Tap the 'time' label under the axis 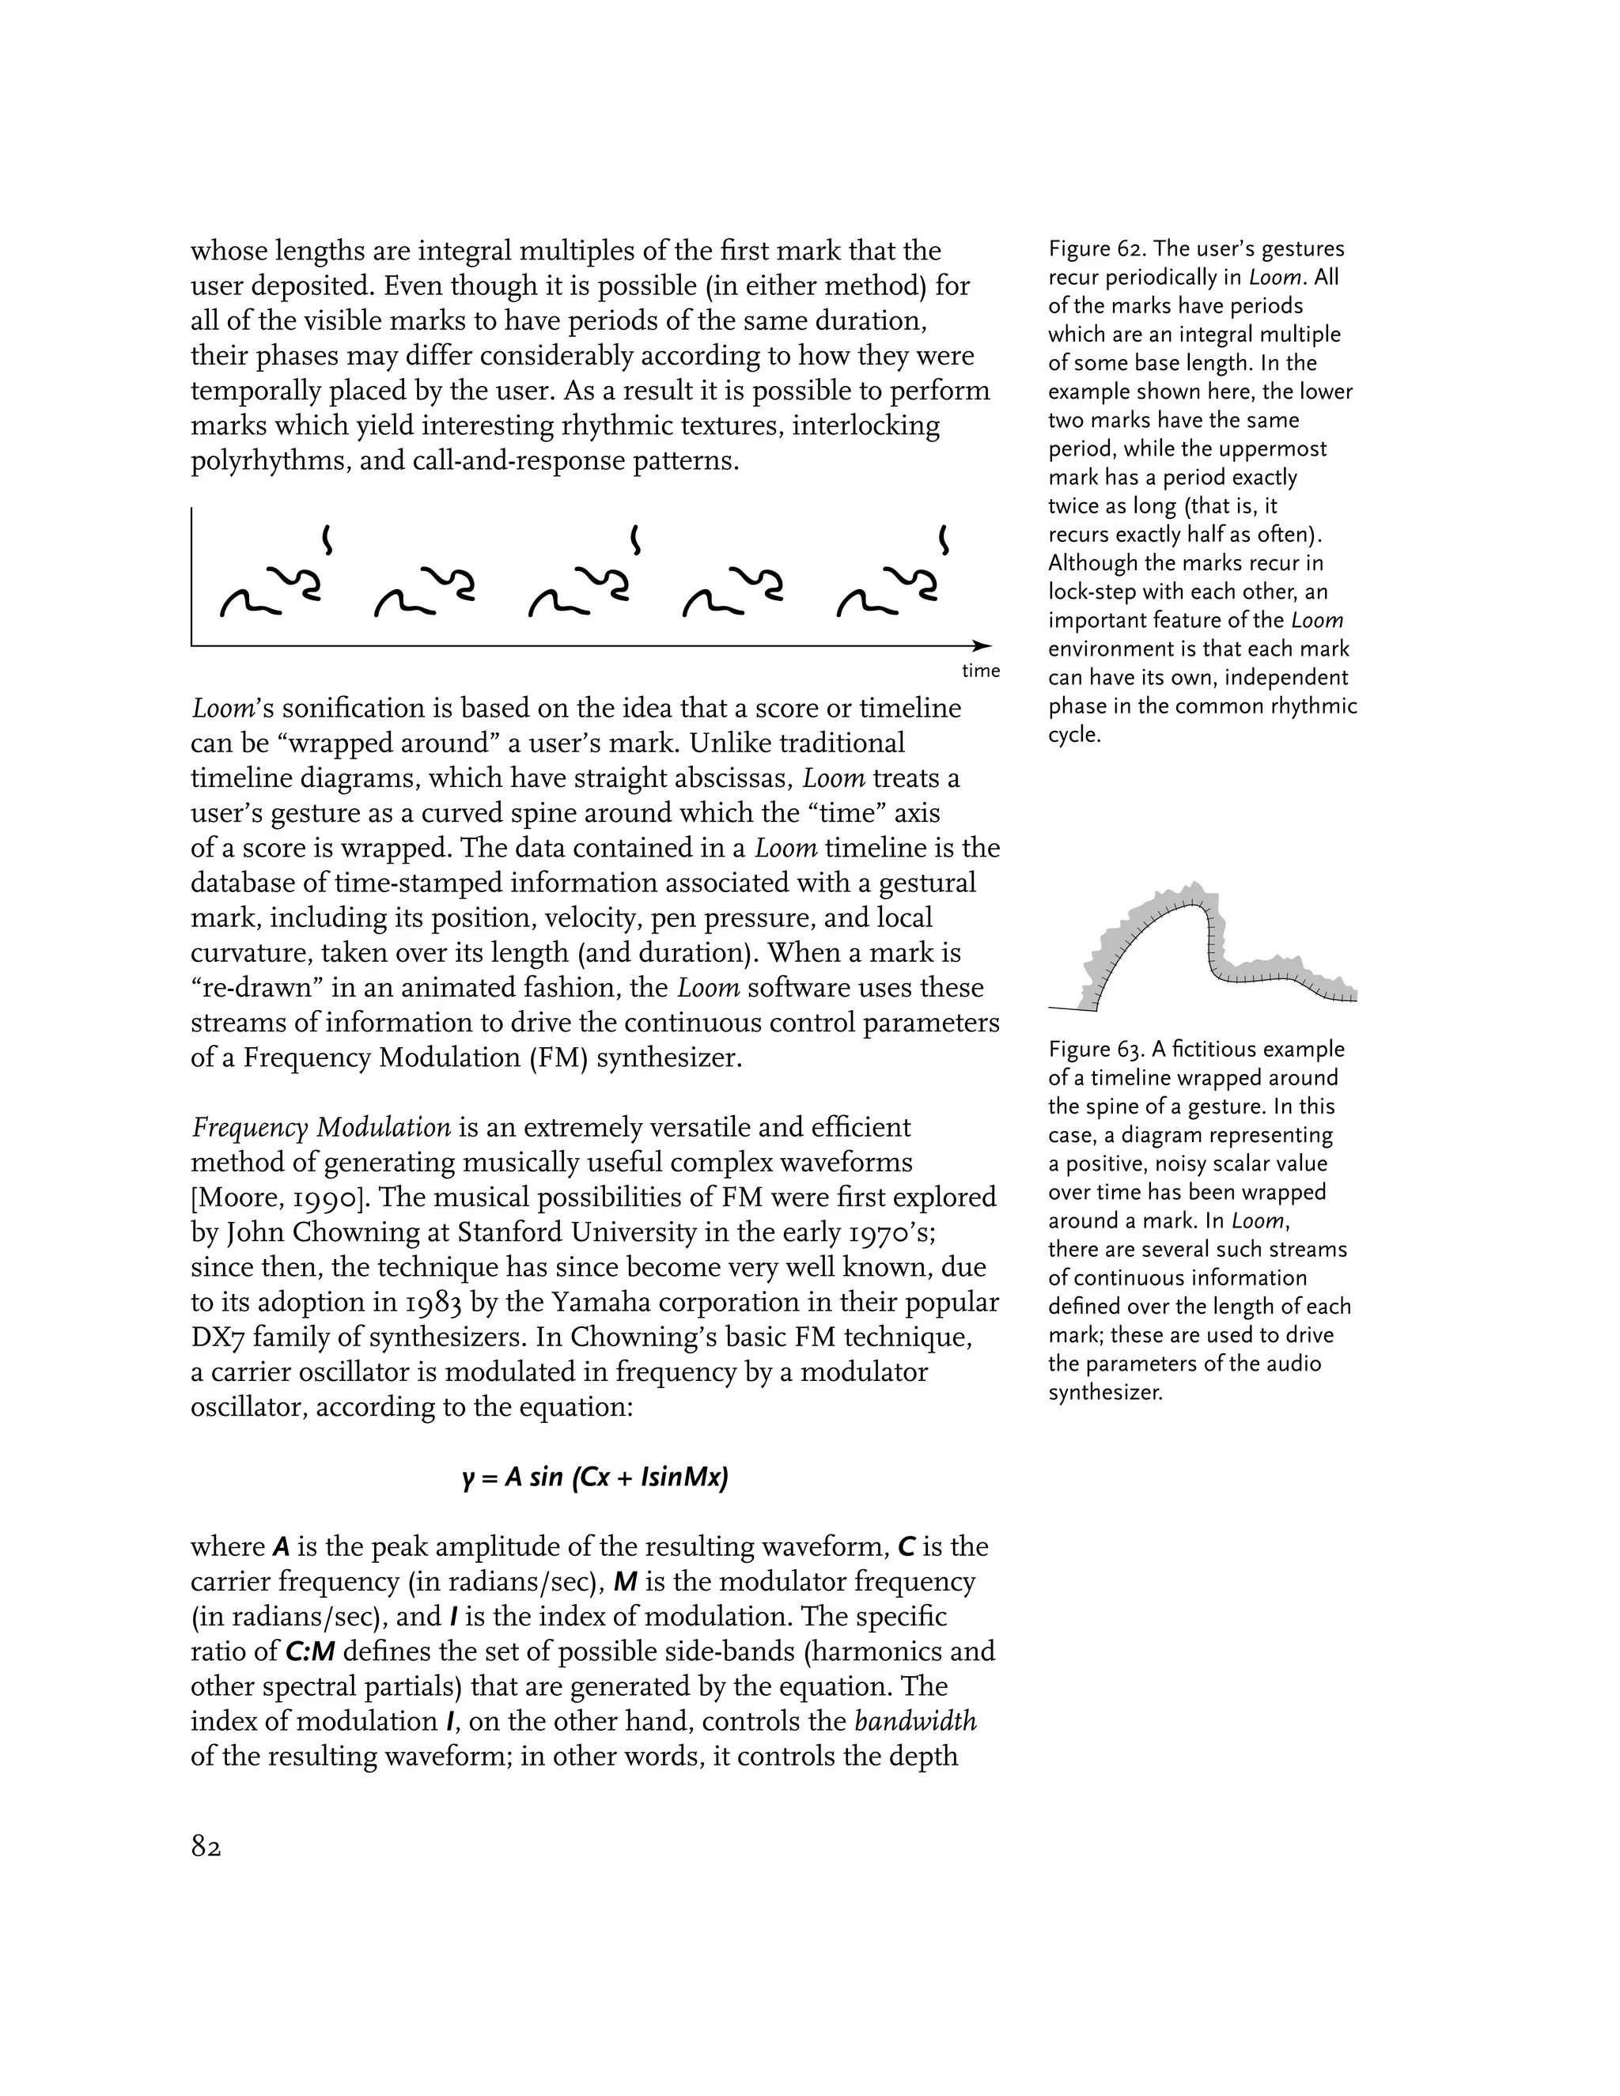[x=981, y=671]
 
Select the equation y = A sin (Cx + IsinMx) [x=595, y=1477]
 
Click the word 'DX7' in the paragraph [x=217, y=1337]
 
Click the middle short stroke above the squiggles [x=634, y=539]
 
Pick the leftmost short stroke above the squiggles [x=327, y=539]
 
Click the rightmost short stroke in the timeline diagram [x=944, y=539]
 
